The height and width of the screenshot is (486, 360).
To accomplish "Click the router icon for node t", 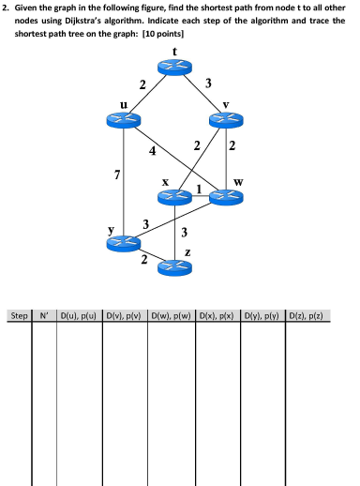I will (173, 67).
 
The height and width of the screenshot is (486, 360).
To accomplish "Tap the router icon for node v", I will (224, 119).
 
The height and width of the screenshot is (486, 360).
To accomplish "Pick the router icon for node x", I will (173, 197).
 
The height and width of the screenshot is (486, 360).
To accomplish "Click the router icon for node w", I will (225, 197).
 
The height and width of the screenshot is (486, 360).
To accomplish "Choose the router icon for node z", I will (173, 268).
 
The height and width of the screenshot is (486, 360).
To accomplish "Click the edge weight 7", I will (115, 175).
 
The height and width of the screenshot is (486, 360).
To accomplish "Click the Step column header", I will (19, 315).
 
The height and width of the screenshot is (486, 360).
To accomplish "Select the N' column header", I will (44, 315).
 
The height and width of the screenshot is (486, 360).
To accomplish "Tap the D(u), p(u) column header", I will (80, 315).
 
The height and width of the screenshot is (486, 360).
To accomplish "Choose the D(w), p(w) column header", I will (171, 315).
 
